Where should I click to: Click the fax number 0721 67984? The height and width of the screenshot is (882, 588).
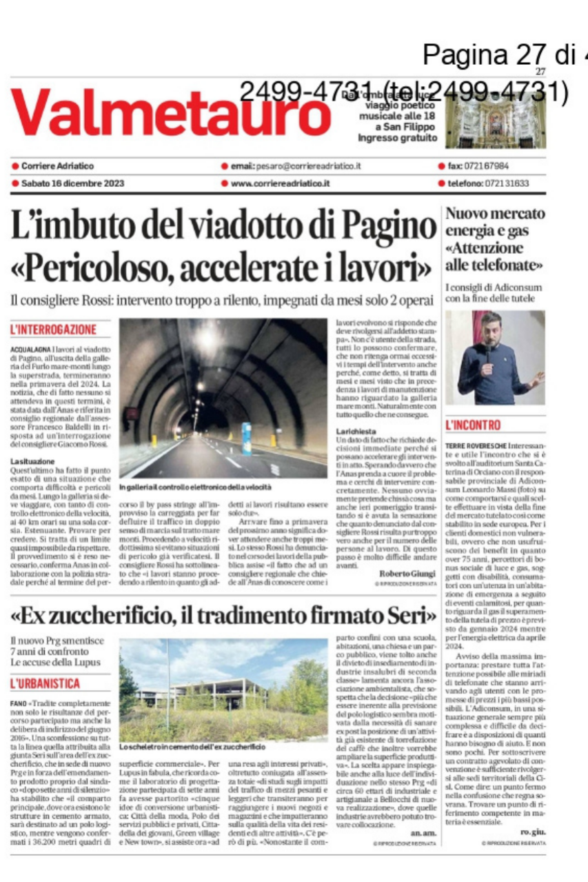click(487, 166)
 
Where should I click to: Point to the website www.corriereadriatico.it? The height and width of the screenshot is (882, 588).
click(280, 183)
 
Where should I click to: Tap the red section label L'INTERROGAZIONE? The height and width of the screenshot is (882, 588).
click(53, 330)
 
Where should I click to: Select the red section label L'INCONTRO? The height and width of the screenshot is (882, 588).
click(473, 424)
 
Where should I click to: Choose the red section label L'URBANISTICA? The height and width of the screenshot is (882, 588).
click(45, 683)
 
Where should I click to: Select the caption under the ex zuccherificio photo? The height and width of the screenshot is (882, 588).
click(192, 747)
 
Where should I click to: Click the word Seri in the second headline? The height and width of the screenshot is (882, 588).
click(400, 612)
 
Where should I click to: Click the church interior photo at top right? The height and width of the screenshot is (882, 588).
click(495, 123)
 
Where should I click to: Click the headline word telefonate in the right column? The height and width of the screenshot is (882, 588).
click(507, 264)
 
